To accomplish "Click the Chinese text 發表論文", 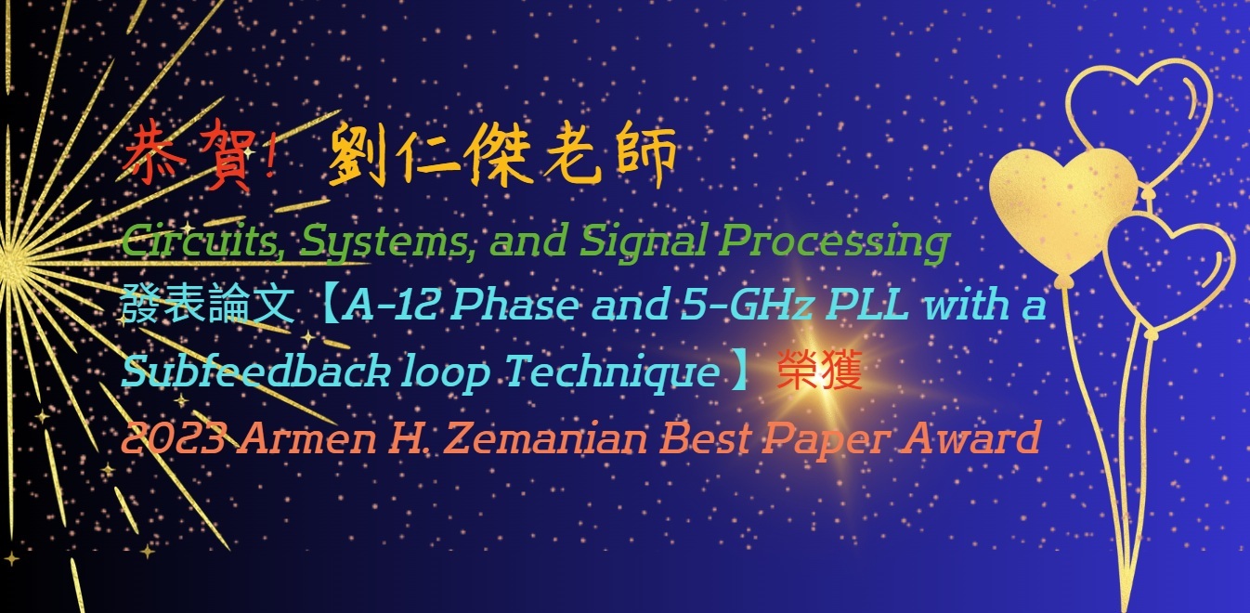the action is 207,305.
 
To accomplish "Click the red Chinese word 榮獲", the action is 820,371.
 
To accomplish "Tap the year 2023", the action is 174,437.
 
